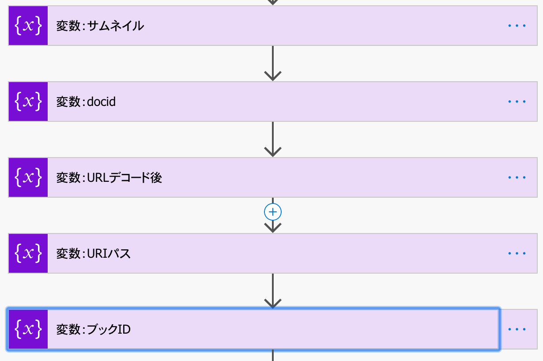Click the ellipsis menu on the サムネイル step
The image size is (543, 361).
(517, 26)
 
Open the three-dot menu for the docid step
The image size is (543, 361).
(517, 102)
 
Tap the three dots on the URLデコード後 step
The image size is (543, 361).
(517, 177)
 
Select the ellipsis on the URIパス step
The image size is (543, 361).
(517, 253)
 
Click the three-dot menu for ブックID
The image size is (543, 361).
(517, 329)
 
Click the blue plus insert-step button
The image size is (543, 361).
(273, 212)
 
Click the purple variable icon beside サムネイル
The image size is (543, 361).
(28, 26)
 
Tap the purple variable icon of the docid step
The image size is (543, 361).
(28, 102)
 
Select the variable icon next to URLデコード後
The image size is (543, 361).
(28, 177)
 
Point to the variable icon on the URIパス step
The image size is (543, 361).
(28, 253)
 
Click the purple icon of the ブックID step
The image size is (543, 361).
(28, 329)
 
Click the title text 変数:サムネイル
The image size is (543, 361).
(100, 26)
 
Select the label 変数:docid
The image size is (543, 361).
(86, 102)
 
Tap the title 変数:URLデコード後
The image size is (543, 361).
(109, 177)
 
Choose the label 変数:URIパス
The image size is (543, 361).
(94, 253)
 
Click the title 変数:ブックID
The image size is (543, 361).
(94, 329)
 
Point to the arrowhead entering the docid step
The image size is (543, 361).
(273, 76)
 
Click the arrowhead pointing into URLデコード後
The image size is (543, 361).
(273, 152)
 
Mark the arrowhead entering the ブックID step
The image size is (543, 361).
(273, 304)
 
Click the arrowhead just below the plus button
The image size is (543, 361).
(273, 228)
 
